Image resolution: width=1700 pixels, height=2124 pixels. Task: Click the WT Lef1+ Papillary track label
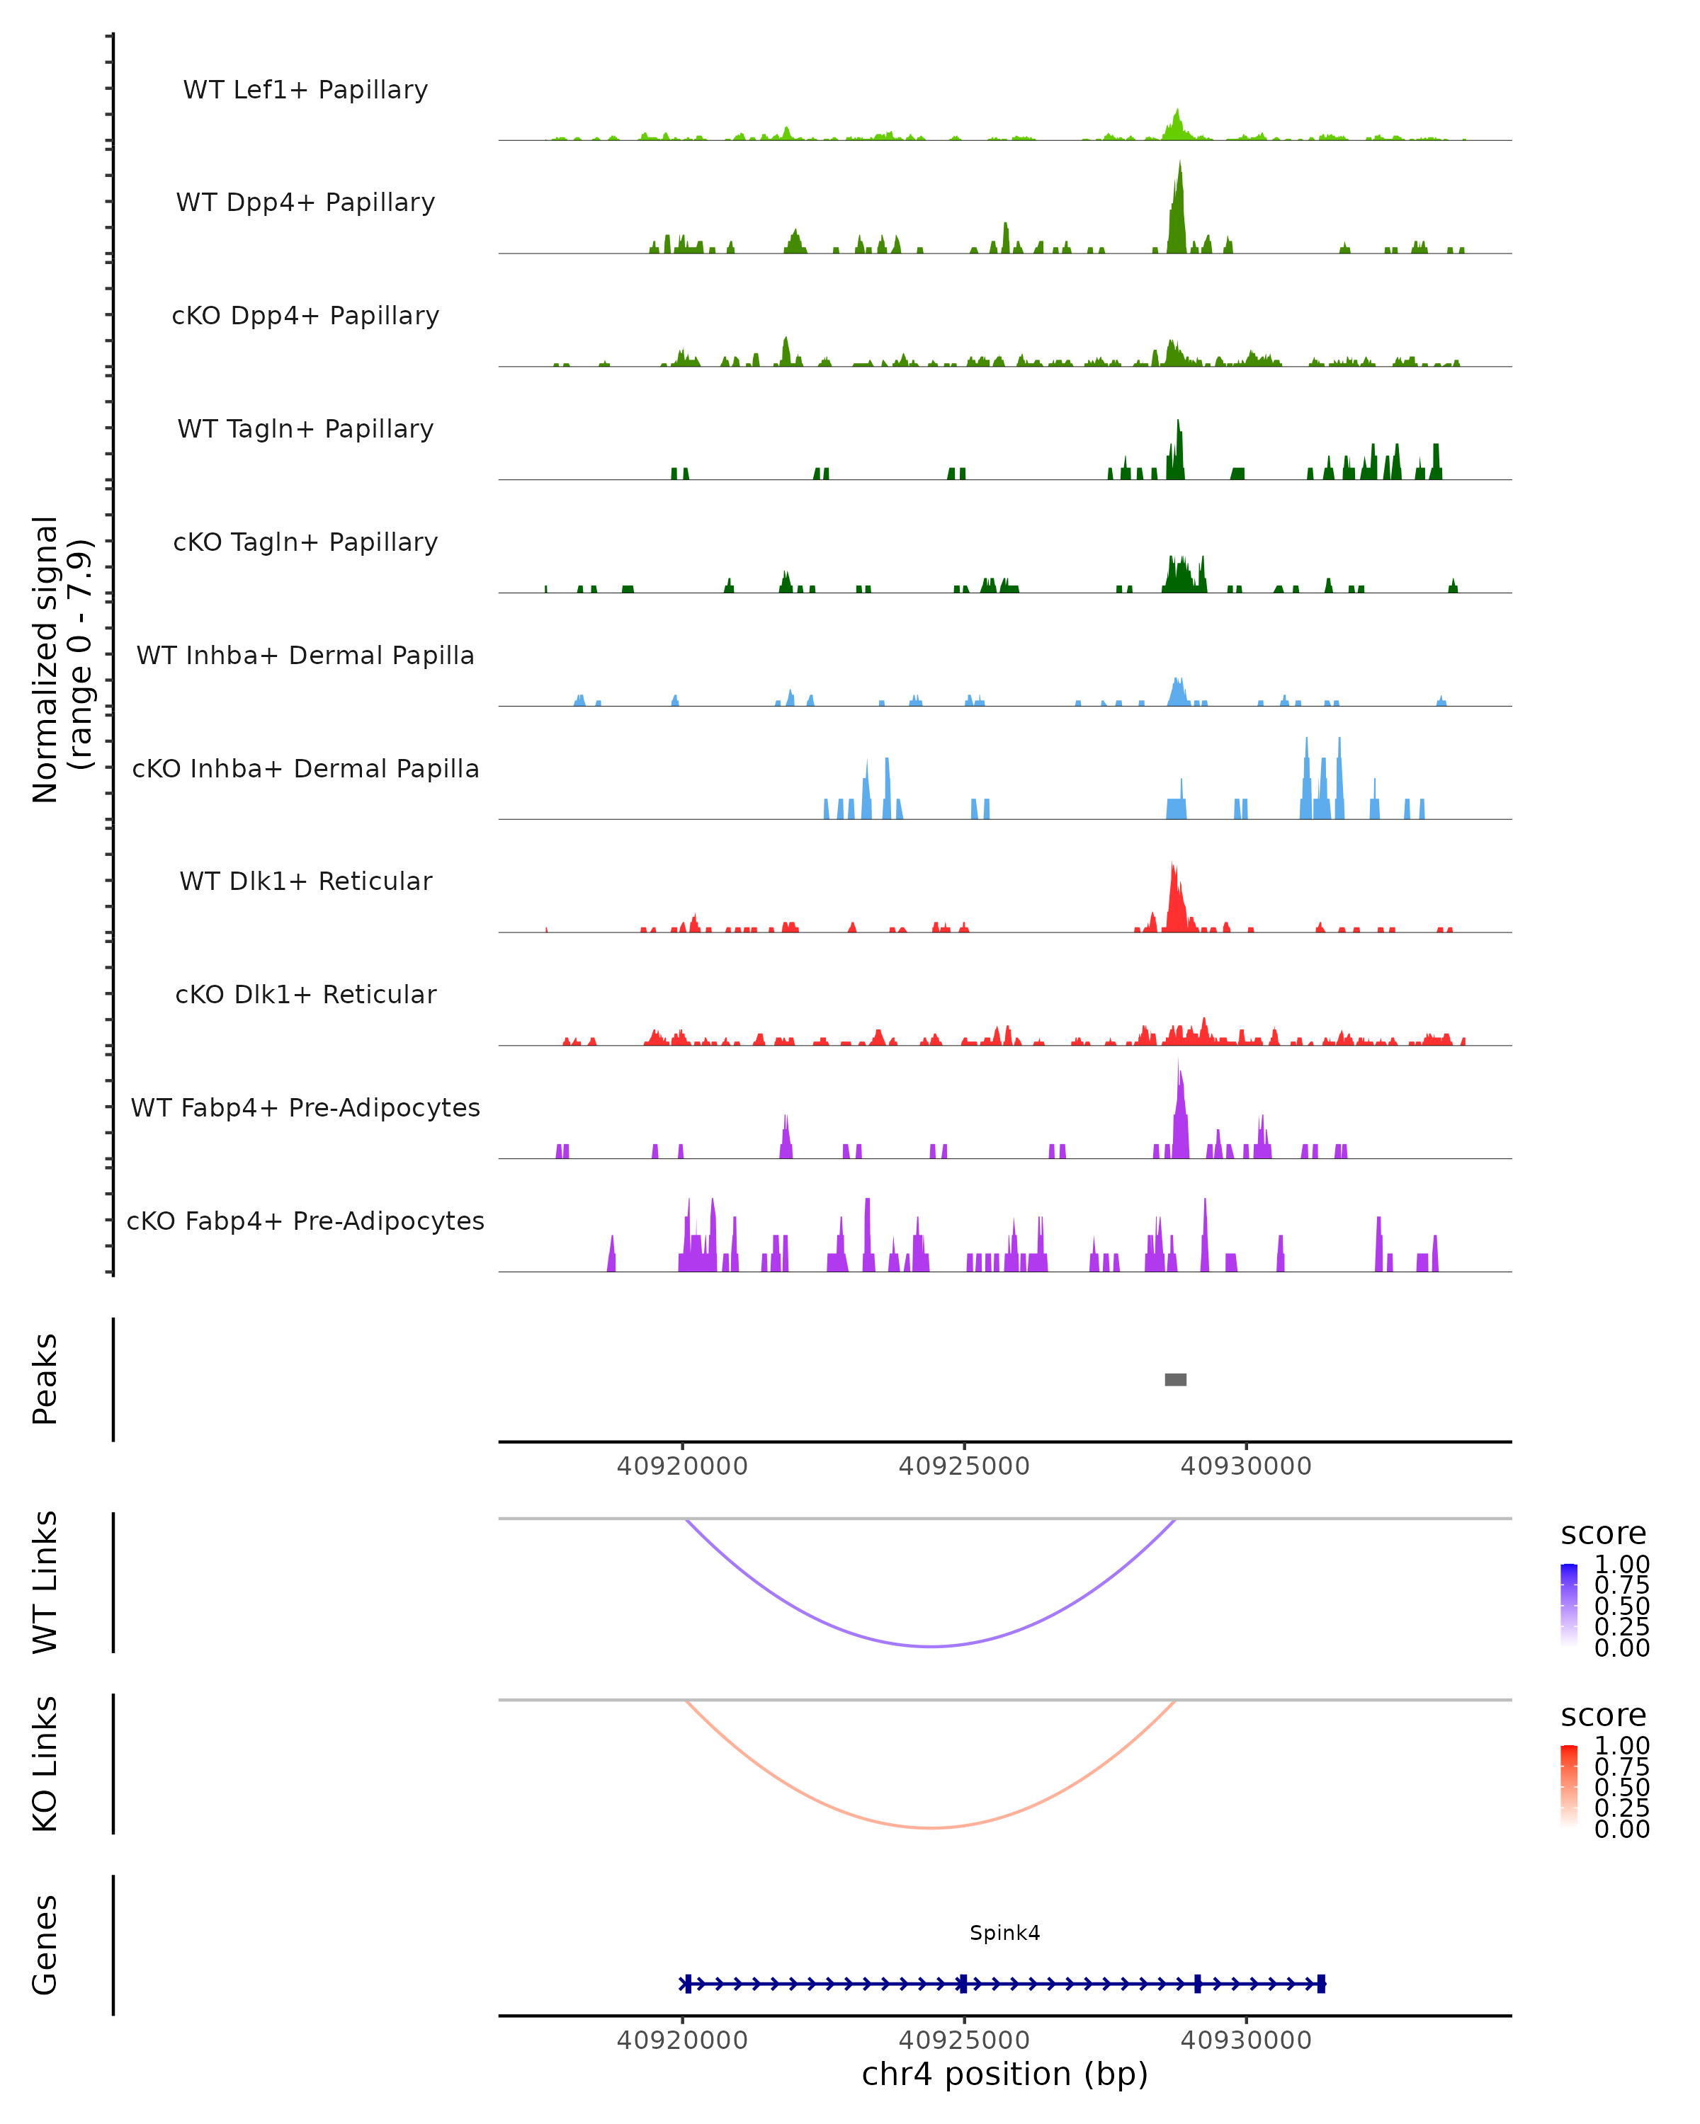305,90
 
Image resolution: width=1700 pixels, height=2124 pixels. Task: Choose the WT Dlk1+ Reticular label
305,881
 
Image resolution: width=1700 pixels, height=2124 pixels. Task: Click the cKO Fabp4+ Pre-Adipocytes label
305,1221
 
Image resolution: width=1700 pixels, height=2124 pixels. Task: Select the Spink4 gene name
1004,1932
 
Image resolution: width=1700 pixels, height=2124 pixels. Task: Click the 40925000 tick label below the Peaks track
964,1466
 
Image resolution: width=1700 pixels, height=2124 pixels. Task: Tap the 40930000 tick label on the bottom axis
1246,2040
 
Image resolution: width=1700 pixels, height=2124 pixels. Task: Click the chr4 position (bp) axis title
1004,2074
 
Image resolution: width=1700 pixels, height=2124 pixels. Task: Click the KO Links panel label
45,1764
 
